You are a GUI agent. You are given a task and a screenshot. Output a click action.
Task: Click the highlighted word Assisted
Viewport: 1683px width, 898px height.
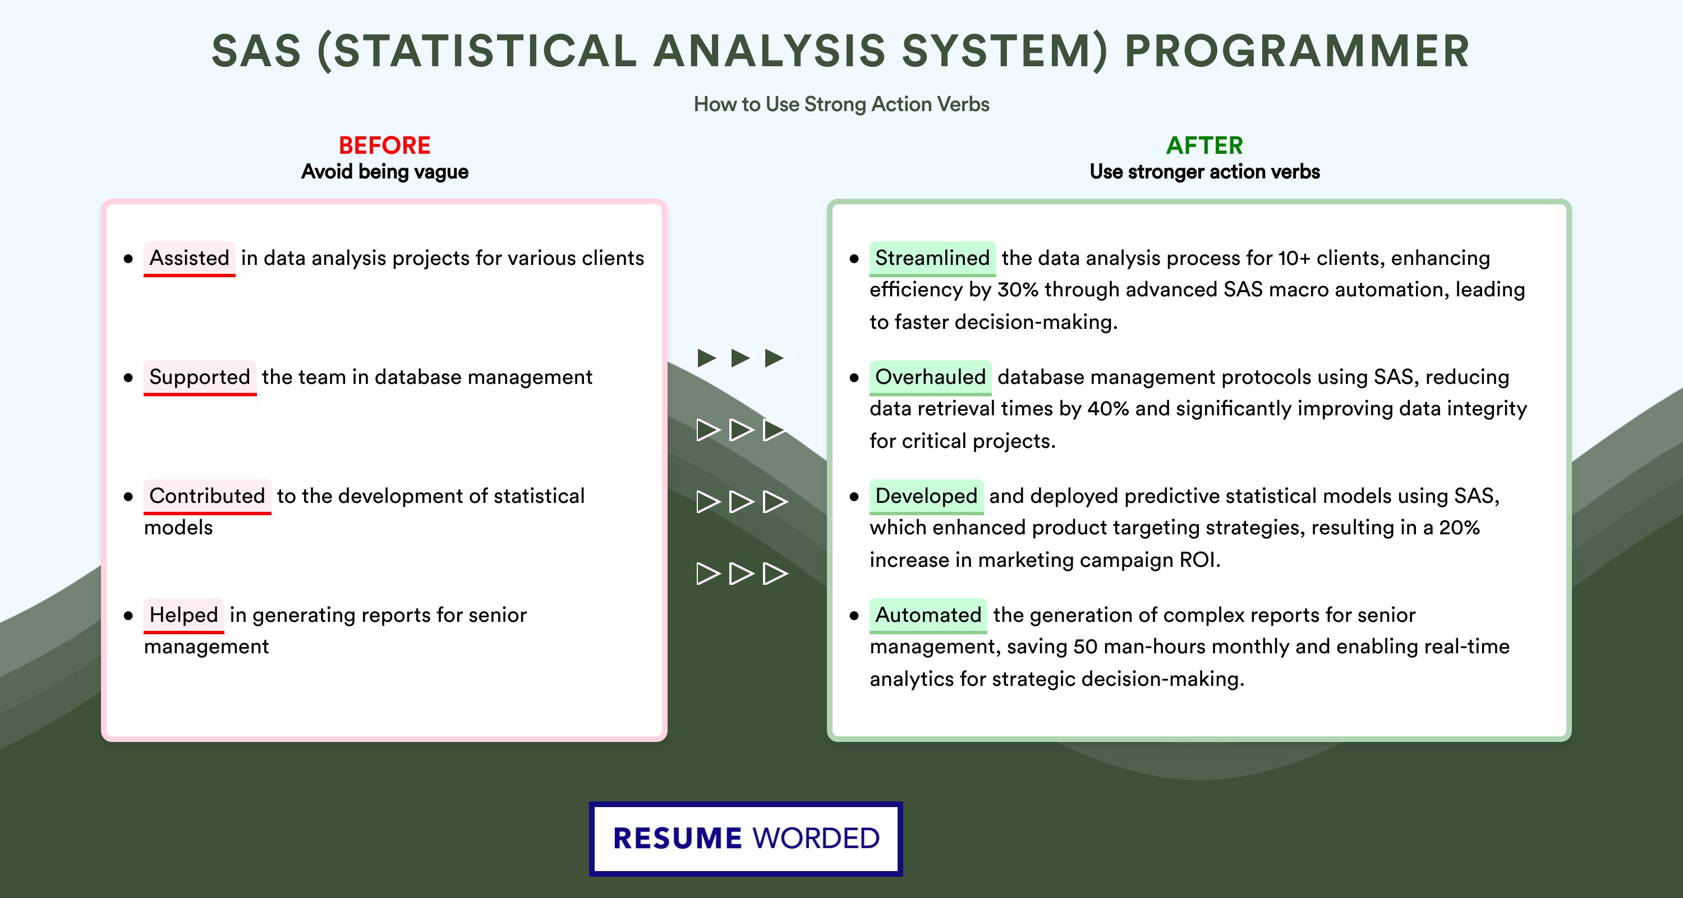coord(190,258)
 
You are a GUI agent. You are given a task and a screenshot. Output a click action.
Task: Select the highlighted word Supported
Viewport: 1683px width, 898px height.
coord(200,377)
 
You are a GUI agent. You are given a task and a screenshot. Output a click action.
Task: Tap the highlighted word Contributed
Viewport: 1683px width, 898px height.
coord(207,496)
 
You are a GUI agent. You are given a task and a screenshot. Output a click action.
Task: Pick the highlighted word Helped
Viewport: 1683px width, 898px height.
coord(183,615)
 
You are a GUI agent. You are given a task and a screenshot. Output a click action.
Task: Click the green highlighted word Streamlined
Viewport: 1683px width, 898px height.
coord(932,258)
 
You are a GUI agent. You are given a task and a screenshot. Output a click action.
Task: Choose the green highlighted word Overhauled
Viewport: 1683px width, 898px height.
coord(930,377)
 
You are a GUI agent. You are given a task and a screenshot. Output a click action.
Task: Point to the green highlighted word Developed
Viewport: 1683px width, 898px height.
coord(926,496)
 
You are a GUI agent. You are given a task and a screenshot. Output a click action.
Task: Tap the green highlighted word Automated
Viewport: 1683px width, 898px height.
coord(928,615)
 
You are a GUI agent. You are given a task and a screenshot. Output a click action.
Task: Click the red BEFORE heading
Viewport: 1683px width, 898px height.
coord(385,145)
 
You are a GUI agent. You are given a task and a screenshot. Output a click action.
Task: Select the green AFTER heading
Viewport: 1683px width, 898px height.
coord(1205,145)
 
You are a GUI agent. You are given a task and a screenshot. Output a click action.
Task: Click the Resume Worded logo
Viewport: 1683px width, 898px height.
coord(746,839)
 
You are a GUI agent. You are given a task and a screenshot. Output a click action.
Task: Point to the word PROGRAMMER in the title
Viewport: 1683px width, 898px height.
coord(1297,51)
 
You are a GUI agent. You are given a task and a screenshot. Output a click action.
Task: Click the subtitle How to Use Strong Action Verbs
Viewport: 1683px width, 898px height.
coord(842,104)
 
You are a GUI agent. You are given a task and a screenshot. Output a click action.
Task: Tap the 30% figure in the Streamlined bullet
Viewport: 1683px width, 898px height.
coord(1018,290)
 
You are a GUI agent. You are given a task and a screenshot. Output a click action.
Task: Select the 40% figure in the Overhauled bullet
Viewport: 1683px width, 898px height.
coord(1108,409)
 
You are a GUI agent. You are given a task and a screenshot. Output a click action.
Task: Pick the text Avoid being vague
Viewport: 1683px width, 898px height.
coord(385,172)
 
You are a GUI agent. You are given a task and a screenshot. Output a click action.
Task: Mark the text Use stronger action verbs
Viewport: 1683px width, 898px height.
coord(1205,172)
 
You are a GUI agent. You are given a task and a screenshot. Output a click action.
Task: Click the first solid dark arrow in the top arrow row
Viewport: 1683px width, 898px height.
coord(707,358)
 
